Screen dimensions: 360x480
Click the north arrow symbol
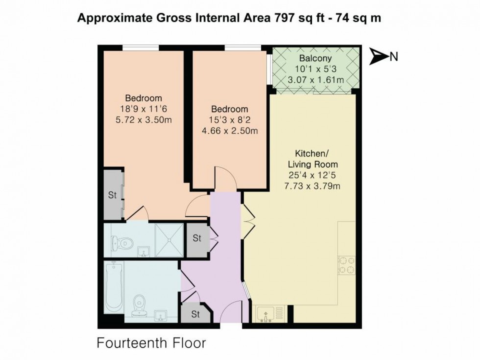point(378,57)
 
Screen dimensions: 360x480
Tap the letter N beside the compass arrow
point(393,57)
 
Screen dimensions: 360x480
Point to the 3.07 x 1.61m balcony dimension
point(315,79)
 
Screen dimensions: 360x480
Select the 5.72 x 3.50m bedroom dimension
point(143,120)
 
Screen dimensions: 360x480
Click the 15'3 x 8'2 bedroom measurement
point(230,120)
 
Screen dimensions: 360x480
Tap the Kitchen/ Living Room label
point(312,158)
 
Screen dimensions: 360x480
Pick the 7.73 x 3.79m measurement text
point(312,186)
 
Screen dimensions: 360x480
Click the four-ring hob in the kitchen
point(347,265)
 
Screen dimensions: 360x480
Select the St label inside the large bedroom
point(112,195)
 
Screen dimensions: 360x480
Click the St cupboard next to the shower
point(197,239)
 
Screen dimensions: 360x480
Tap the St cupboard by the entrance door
point(195,314)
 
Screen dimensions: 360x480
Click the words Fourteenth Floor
point(151,343)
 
